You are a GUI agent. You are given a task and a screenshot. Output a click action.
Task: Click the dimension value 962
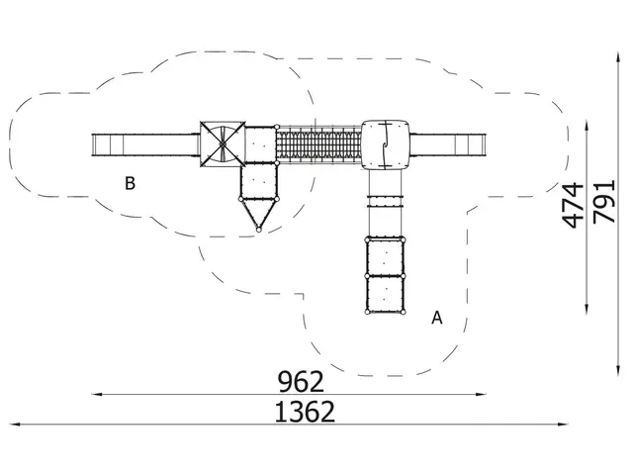301,382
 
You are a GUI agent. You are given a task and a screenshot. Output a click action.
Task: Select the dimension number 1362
305,412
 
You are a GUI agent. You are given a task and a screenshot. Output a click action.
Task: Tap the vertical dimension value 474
574,205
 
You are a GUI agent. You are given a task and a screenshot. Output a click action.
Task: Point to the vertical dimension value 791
604,201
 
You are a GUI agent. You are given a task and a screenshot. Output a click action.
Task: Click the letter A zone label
437,318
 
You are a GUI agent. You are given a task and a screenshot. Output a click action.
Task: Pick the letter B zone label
130,183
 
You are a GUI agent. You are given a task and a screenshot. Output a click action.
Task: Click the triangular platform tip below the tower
259,231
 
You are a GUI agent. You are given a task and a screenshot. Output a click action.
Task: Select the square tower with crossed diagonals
223,143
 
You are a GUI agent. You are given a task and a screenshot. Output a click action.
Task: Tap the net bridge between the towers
318,144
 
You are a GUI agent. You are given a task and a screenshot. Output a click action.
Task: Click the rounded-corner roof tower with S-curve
385,144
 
